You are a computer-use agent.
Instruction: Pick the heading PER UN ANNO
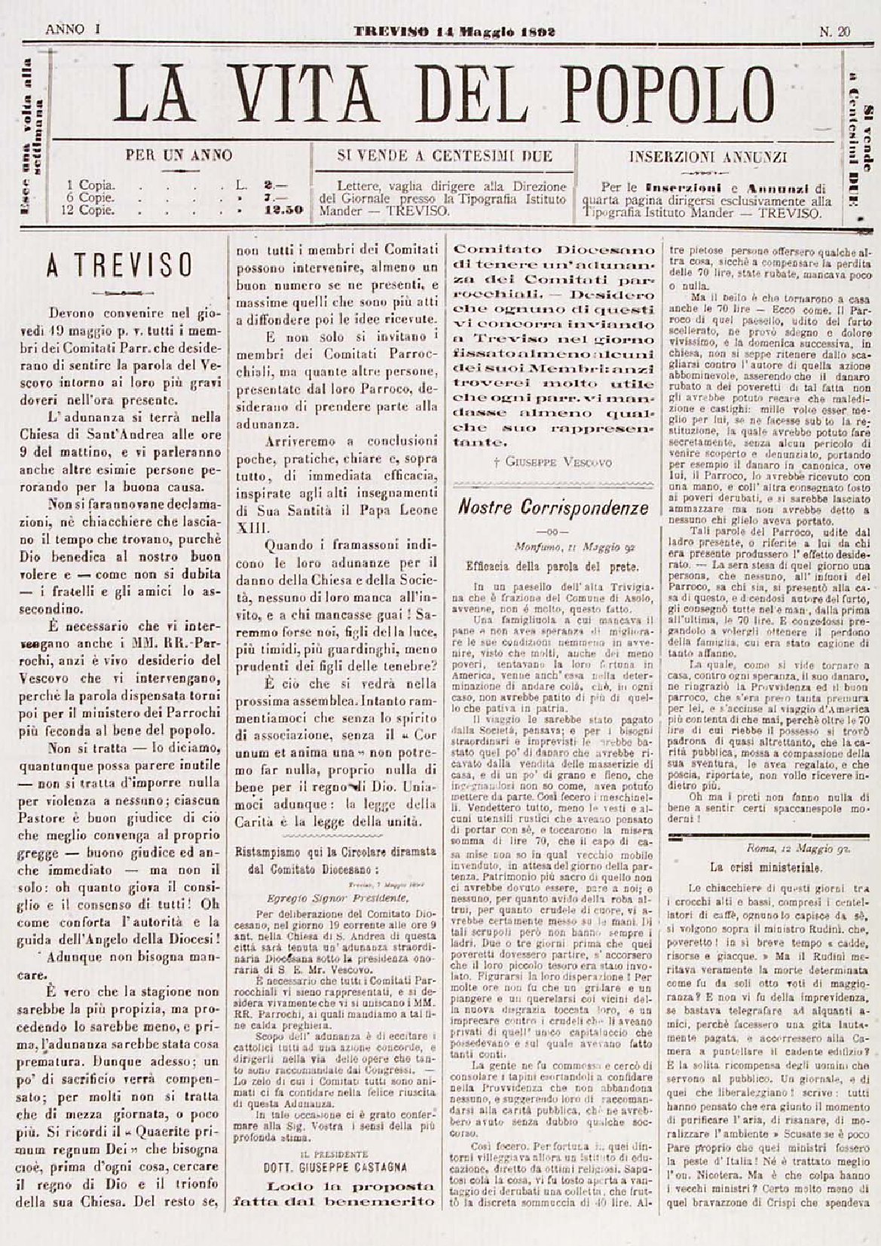click(179, 157)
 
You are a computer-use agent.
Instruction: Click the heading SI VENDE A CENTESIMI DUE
click(445, 157)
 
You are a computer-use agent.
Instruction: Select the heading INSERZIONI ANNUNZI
click(708, 158)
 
